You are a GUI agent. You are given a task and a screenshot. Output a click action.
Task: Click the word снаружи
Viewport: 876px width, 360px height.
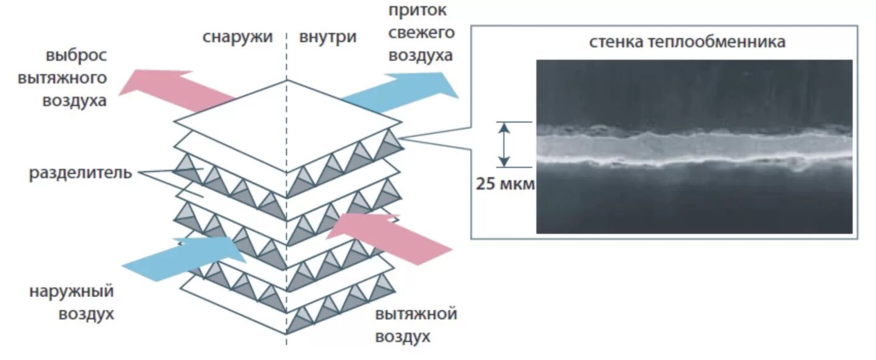[x=237, y=37]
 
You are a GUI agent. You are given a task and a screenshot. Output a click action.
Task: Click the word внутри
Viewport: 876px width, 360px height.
[x=328, y=37]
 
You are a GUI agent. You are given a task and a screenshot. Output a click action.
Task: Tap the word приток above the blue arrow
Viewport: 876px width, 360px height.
[x=418, y=11]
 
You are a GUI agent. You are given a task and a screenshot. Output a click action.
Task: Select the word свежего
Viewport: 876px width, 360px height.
[x=421, y=32]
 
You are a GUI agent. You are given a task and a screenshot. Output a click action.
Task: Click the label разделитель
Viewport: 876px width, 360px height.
[x=81, y=172]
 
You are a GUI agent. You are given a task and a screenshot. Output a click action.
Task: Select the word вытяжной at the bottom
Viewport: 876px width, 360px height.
[x=416, y=314]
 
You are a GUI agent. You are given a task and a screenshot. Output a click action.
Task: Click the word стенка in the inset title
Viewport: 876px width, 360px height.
[x=615, y=42]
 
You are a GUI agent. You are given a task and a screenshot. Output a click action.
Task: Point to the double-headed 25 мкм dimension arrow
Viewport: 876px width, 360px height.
[x=505, y=144]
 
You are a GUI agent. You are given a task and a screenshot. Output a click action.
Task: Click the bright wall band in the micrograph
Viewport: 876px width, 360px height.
[x=694, y=147]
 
